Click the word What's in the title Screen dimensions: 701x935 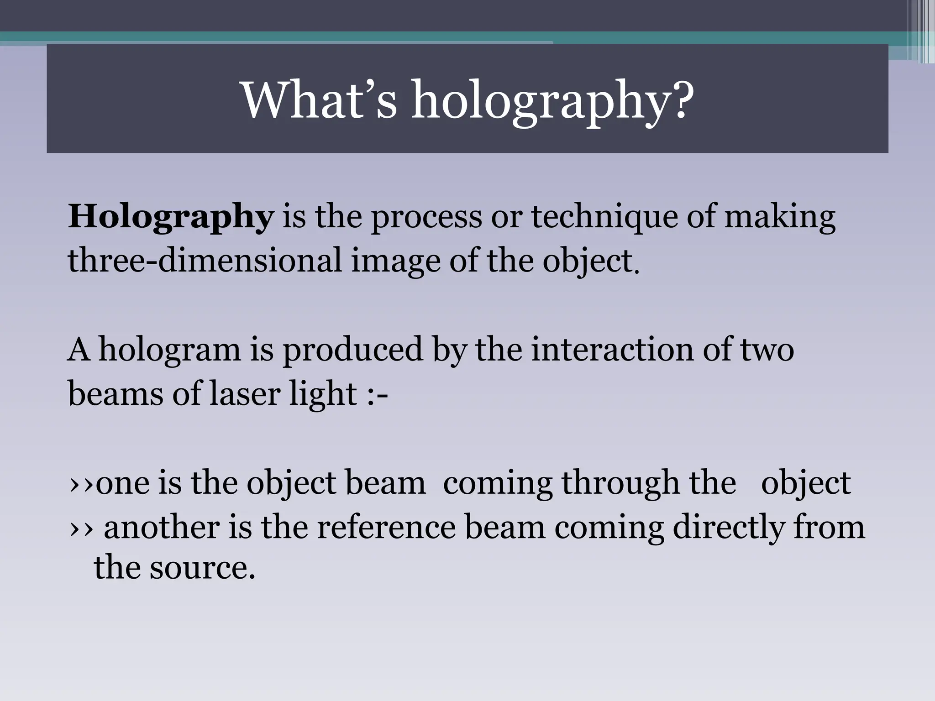pyautogui.click(x=319, y=100)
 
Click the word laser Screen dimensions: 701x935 pyautogui.click(x=244, y=393)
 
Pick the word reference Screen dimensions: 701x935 pyautogui.click(x=386, y=528)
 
